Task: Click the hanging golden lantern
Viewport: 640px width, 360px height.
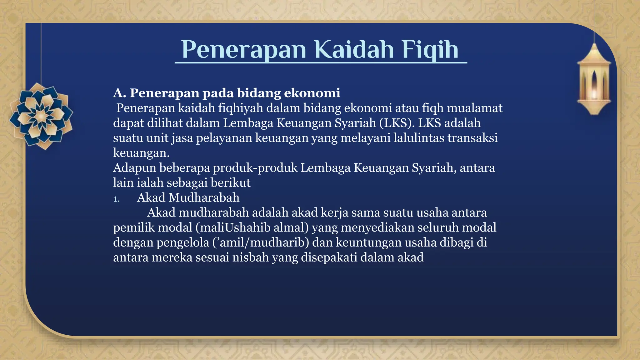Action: (x=593, y=80)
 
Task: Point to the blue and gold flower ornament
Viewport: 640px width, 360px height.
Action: (x=41, y=116)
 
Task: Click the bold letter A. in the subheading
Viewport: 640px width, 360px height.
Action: (x=119, y=93)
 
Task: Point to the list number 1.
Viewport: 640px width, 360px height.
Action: (x=116, y=199)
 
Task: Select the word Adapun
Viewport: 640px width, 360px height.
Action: (x=134, y=168)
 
